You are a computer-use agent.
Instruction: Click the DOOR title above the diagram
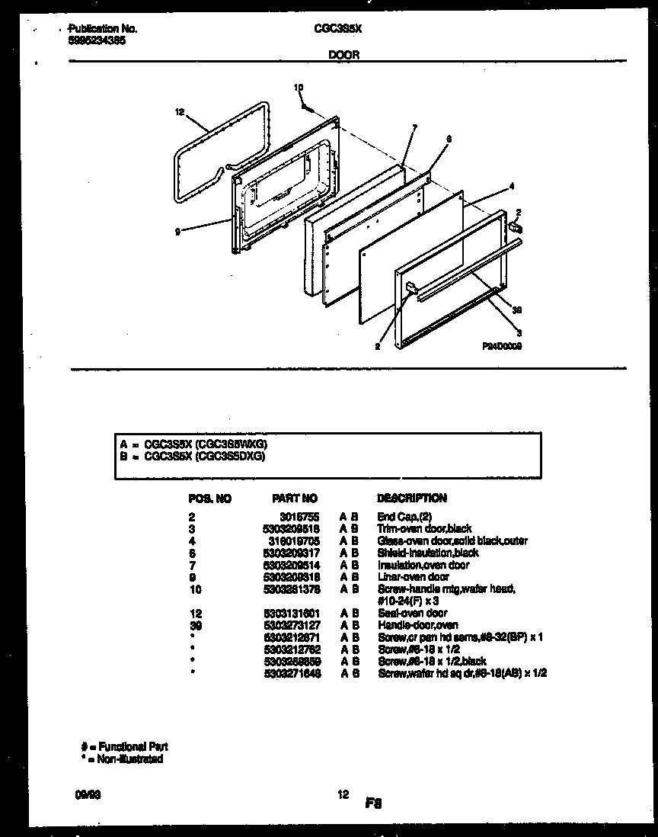click(x=343, y=54)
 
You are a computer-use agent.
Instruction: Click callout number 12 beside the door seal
click(x=180, y=112)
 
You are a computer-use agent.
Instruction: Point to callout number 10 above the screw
click(x=299, y=88)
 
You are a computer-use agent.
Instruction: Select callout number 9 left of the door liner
click(x=177, y=232)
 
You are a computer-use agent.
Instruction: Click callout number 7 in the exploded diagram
click(x=414, y=128)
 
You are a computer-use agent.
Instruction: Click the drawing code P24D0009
click(x=502, y=345)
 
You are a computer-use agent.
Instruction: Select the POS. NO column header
click(x=209, y=499)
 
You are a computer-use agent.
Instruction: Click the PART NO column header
click(x=294, y=499)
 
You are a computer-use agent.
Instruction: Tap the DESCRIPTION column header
click(x=412, y=499)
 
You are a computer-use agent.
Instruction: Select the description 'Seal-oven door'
click(x=412, y=613)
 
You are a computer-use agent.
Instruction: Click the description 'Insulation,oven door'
click(x=423, y=565)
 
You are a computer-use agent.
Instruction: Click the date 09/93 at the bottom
click(x=78, y=794)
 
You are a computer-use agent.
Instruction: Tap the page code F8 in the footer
click(x=372, y=803)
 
